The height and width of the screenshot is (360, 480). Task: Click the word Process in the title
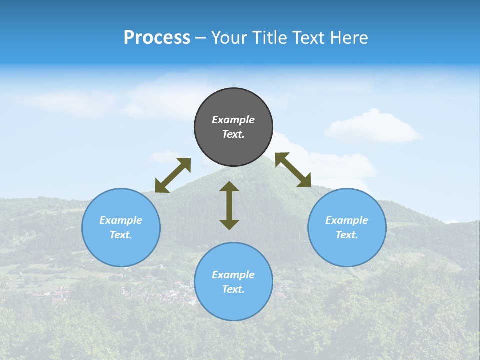(157, 38)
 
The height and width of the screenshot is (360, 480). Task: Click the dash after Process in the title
(201, 38)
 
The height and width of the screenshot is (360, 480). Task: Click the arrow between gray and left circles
(173, 175)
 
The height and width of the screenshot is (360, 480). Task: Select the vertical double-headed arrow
(229, 205)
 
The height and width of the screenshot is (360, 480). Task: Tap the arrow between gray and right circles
(293, 170)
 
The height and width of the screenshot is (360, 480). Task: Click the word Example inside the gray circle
(233, 120)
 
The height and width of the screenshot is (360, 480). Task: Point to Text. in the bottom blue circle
(233, 289)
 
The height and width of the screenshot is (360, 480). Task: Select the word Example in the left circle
(121, 220)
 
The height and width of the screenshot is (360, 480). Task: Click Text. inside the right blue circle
(347, 235)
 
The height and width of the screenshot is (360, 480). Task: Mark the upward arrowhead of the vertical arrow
(229, 187)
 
